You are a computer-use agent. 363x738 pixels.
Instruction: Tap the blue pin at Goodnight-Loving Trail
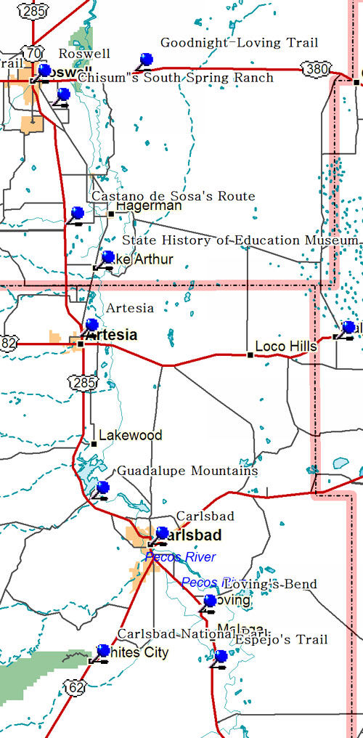[x=147, y=60]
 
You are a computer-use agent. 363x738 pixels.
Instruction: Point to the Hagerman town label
[x=149, y=206]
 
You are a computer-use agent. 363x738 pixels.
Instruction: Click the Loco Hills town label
[x=286, y=347]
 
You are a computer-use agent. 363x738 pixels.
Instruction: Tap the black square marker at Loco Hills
[x=250, y=355]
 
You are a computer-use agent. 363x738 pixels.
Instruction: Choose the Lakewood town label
[x=130, y=435]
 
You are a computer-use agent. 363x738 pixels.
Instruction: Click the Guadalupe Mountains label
[x=187, y=471]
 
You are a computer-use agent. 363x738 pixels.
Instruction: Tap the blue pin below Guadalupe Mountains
[x=103, y=487]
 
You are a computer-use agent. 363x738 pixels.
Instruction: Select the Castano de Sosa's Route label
[x=173, y=196]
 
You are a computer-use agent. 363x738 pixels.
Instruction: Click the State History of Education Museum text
[x=240, y=240]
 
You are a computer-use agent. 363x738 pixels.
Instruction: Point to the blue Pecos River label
[x=181, y=557]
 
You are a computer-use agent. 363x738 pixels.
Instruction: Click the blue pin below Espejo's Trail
[x=221, y=656]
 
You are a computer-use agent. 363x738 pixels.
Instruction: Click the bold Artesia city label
[x=111, y=335]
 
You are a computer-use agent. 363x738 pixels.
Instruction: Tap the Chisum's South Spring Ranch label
[x=175, y=78]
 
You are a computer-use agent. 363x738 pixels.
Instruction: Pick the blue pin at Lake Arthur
[x=108, y=257]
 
